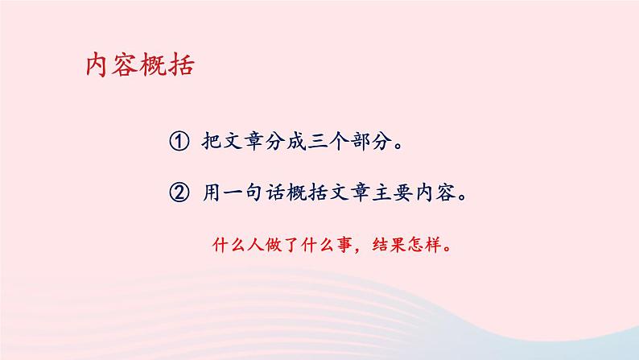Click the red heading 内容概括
pos(139,65)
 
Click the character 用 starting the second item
pos(208,194)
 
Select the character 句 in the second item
pos(258,194)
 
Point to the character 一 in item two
pos(233,194)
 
